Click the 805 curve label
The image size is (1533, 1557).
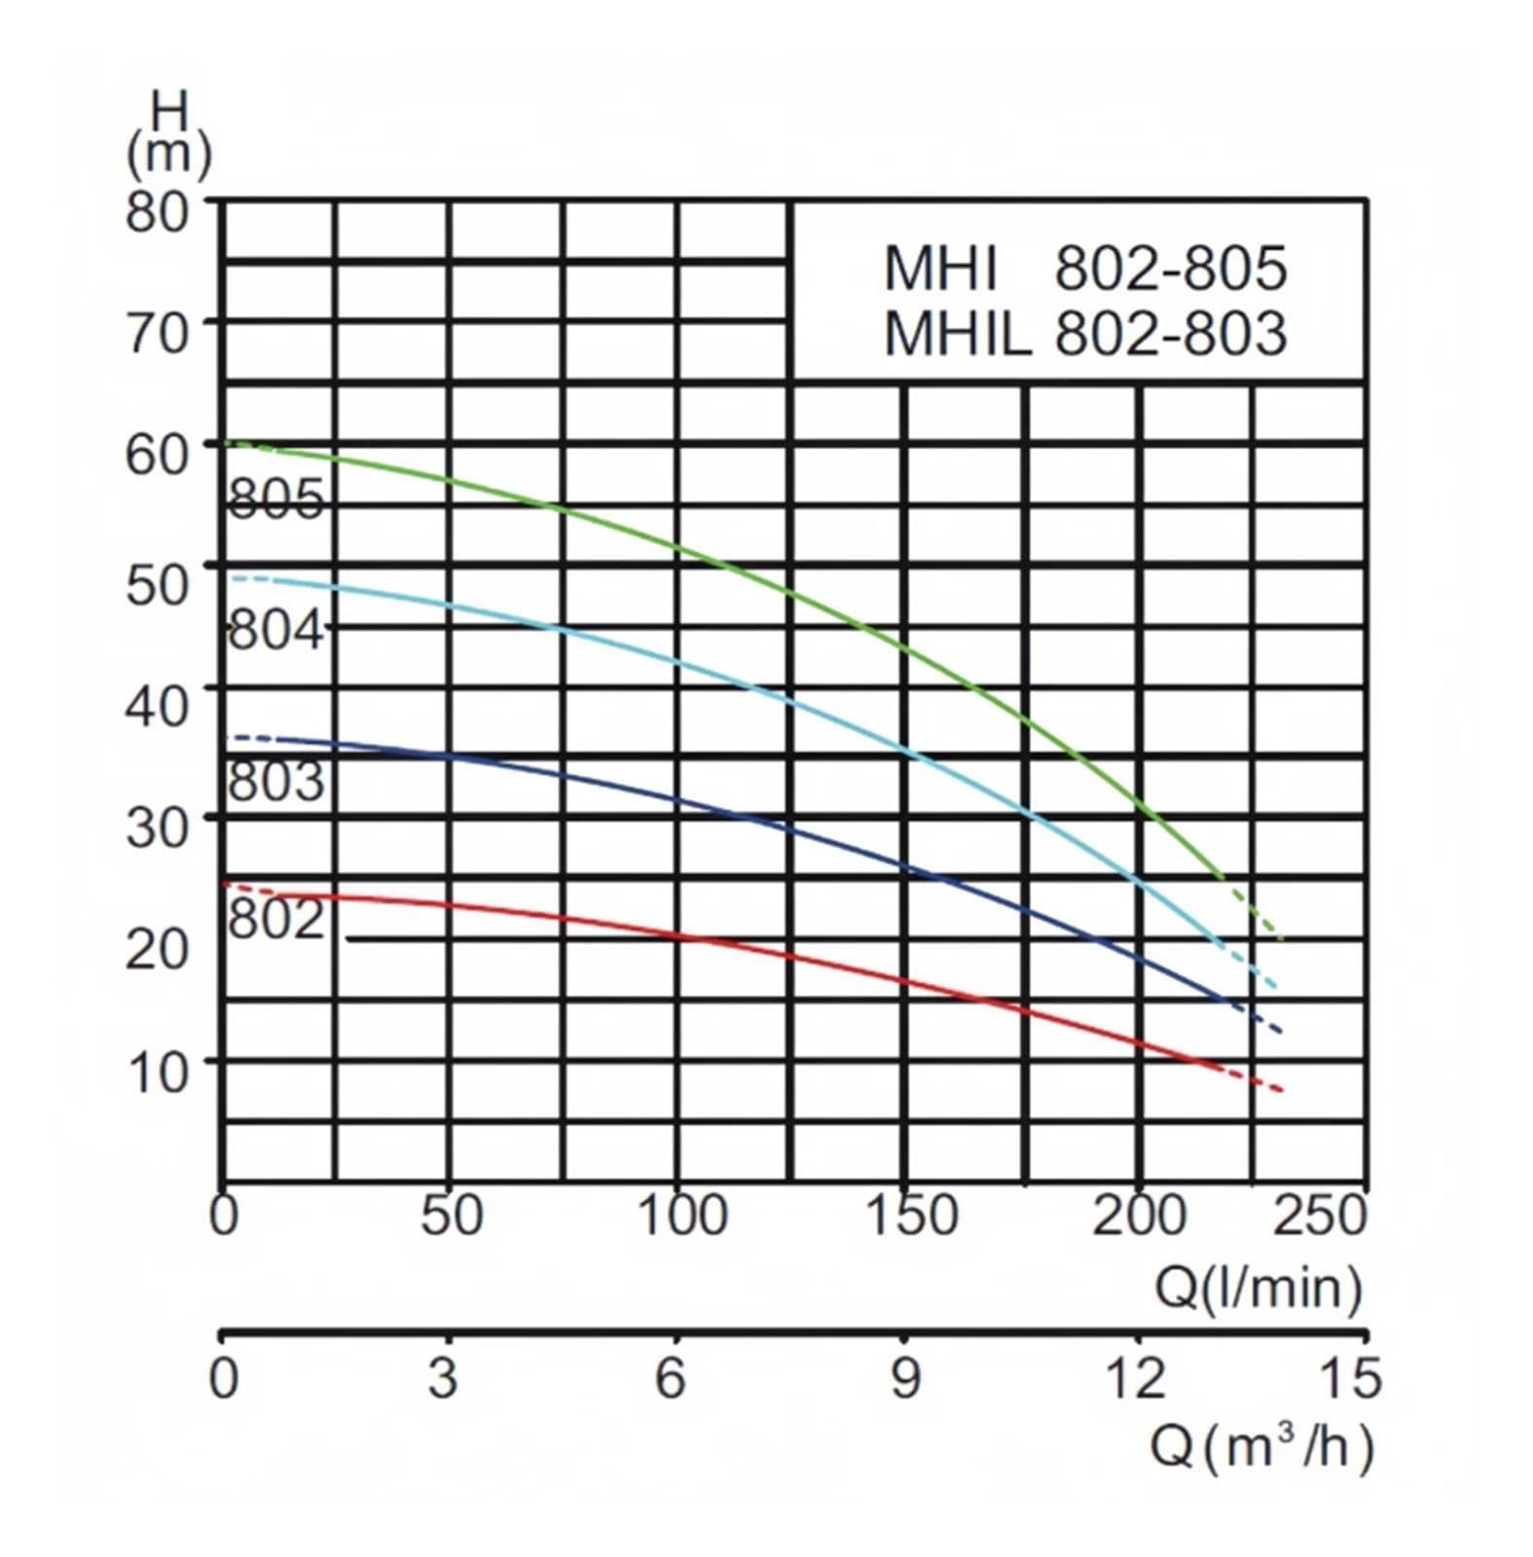pyautogui.click(x=275, y=499)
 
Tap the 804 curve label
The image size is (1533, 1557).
pyautogui.click(x=275, y=630)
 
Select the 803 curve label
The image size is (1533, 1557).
pyautogui.click(x=275, y=780)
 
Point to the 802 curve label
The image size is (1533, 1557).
pyautogui.click(x=275, y=918)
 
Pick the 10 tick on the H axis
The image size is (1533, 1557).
pyautogui.click(x=157, y=1071)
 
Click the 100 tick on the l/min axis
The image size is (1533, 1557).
pyautogui.click(x=682, y=1214)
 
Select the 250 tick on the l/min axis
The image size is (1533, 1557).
pyautogui.click(x=1320, y=1214)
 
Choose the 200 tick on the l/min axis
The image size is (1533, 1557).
pyautogui.click(x=1139, y=1214)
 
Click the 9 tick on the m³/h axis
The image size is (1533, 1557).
pyautogui.click(x=905, y=1378)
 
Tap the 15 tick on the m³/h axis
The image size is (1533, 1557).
pyautogui.click(x=1350, y=1378)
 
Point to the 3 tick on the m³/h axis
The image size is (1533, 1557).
pyautogui.click(x=443, y=1378)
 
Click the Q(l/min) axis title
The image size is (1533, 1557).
pyautogui.click(x=1258, y=1288)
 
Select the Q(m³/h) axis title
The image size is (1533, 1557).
pyautogui.click(x=1262, y=1446)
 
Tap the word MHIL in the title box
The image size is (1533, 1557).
pyautogui.click(x=957, y=333)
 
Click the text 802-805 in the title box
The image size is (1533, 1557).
pyautogui.click(x=1171, y=268)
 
